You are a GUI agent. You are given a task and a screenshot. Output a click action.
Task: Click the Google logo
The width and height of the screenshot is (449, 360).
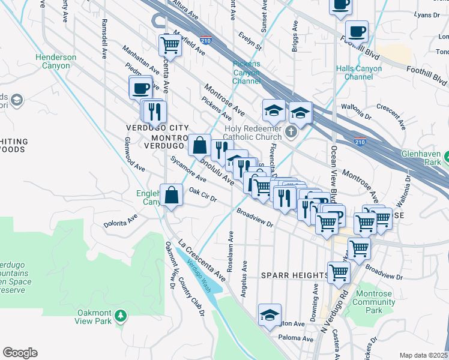point(20,353)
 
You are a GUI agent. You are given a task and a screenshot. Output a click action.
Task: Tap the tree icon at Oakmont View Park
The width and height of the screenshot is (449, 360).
point(121,315)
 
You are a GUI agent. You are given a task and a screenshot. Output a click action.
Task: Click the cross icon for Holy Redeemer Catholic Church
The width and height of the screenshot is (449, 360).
point(291,132)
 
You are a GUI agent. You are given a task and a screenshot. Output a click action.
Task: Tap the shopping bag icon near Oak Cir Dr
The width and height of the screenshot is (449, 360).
point(172,194)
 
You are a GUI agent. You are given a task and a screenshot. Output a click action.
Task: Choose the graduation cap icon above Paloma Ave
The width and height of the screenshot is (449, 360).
point(270,313)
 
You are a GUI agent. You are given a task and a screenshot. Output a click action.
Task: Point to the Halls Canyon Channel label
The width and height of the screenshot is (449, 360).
point(359,73)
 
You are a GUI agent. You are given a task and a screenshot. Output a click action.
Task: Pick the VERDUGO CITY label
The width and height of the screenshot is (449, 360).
point(157,128)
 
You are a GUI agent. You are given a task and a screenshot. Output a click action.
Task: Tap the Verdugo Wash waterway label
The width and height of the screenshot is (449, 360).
point(198,274)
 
